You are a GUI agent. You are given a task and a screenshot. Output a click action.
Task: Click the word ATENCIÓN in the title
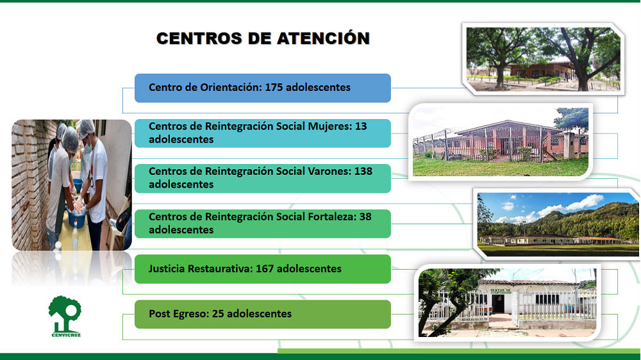pos(323,38)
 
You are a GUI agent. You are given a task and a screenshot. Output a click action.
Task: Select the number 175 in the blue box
pos(274,87)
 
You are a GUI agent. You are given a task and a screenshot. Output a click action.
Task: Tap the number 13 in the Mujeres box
pos(360,126)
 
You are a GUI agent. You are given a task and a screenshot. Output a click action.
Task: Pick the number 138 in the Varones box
pos(363,171)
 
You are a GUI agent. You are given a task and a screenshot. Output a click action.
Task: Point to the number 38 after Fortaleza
pos(365,216)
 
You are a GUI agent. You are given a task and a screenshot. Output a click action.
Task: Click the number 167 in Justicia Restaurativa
pos(265,268)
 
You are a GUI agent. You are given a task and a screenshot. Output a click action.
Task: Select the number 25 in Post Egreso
pos(218,313)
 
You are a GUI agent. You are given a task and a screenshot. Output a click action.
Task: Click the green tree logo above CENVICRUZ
pos(65,313)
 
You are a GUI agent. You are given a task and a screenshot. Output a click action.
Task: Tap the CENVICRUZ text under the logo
pos(66,335)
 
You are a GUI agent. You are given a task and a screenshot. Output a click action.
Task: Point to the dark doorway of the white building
pos(497,304)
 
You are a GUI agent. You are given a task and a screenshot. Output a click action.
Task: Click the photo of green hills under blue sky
pos(558,224)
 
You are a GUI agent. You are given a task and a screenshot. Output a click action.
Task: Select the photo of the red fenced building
pos(501,142)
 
